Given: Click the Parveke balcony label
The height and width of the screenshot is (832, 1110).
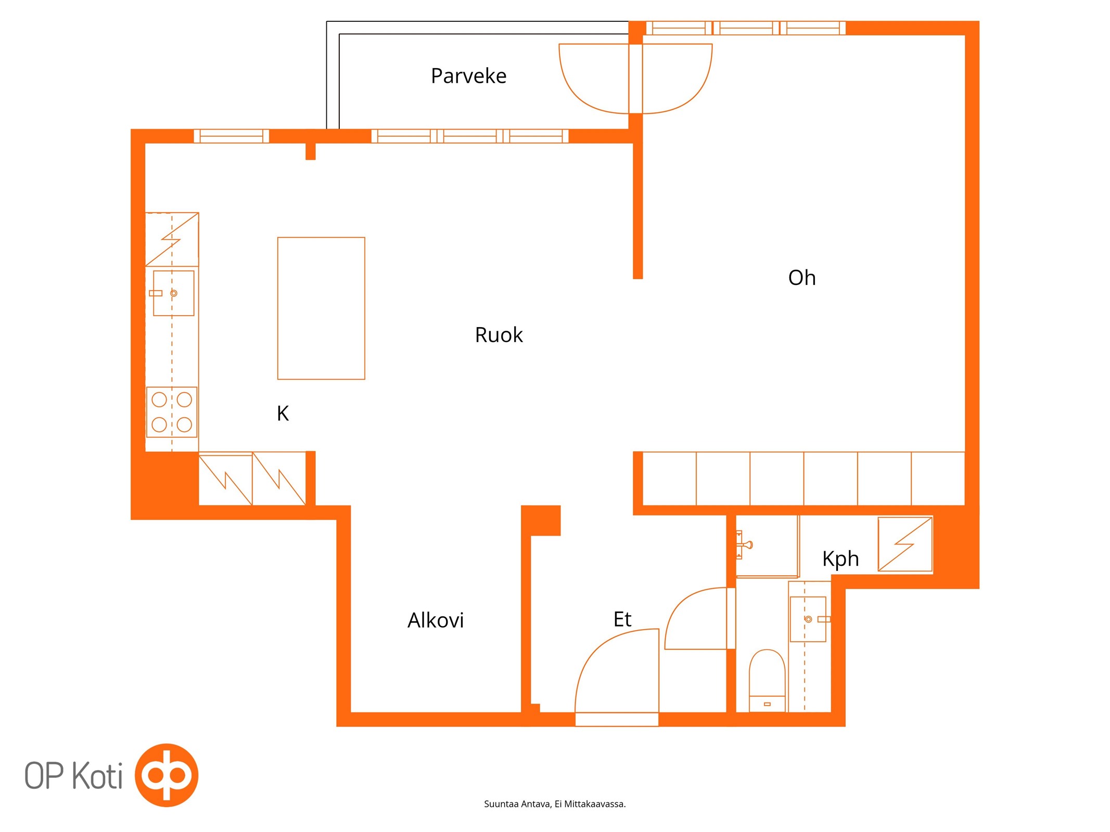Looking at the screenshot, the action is pos(468,76).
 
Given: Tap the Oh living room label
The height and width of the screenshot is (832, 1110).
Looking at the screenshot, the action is pos(801,278).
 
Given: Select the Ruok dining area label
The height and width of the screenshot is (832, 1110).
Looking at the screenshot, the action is pos(499,335).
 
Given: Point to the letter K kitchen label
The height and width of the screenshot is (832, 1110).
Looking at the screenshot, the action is pos(283,413).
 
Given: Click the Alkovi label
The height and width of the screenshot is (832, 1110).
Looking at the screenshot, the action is pos(436,620).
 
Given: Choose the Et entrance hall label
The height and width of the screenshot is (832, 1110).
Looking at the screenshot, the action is pos(622,619).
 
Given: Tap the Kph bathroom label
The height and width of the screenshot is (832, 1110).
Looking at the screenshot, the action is pos(840,559).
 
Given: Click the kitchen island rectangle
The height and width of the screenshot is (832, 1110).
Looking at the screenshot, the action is pos(321,308).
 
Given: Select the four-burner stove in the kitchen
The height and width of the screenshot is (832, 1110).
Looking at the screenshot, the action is pos(172,412).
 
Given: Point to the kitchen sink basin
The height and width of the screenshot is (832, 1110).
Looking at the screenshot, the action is pos(174,293).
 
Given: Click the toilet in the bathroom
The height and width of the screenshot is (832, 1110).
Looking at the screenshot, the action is pos(767,680).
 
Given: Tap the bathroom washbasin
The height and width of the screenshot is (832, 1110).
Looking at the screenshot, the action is pos(808,619).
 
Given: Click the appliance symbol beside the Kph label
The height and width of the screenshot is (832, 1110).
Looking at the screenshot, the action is pos(905,544).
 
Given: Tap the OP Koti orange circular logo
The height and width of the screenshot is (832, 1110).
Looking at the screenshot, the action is pos(167,775).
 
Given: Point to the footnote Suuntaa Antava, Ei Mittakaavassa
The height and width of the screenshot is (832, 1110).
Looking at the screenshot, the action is pos(555,804).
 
